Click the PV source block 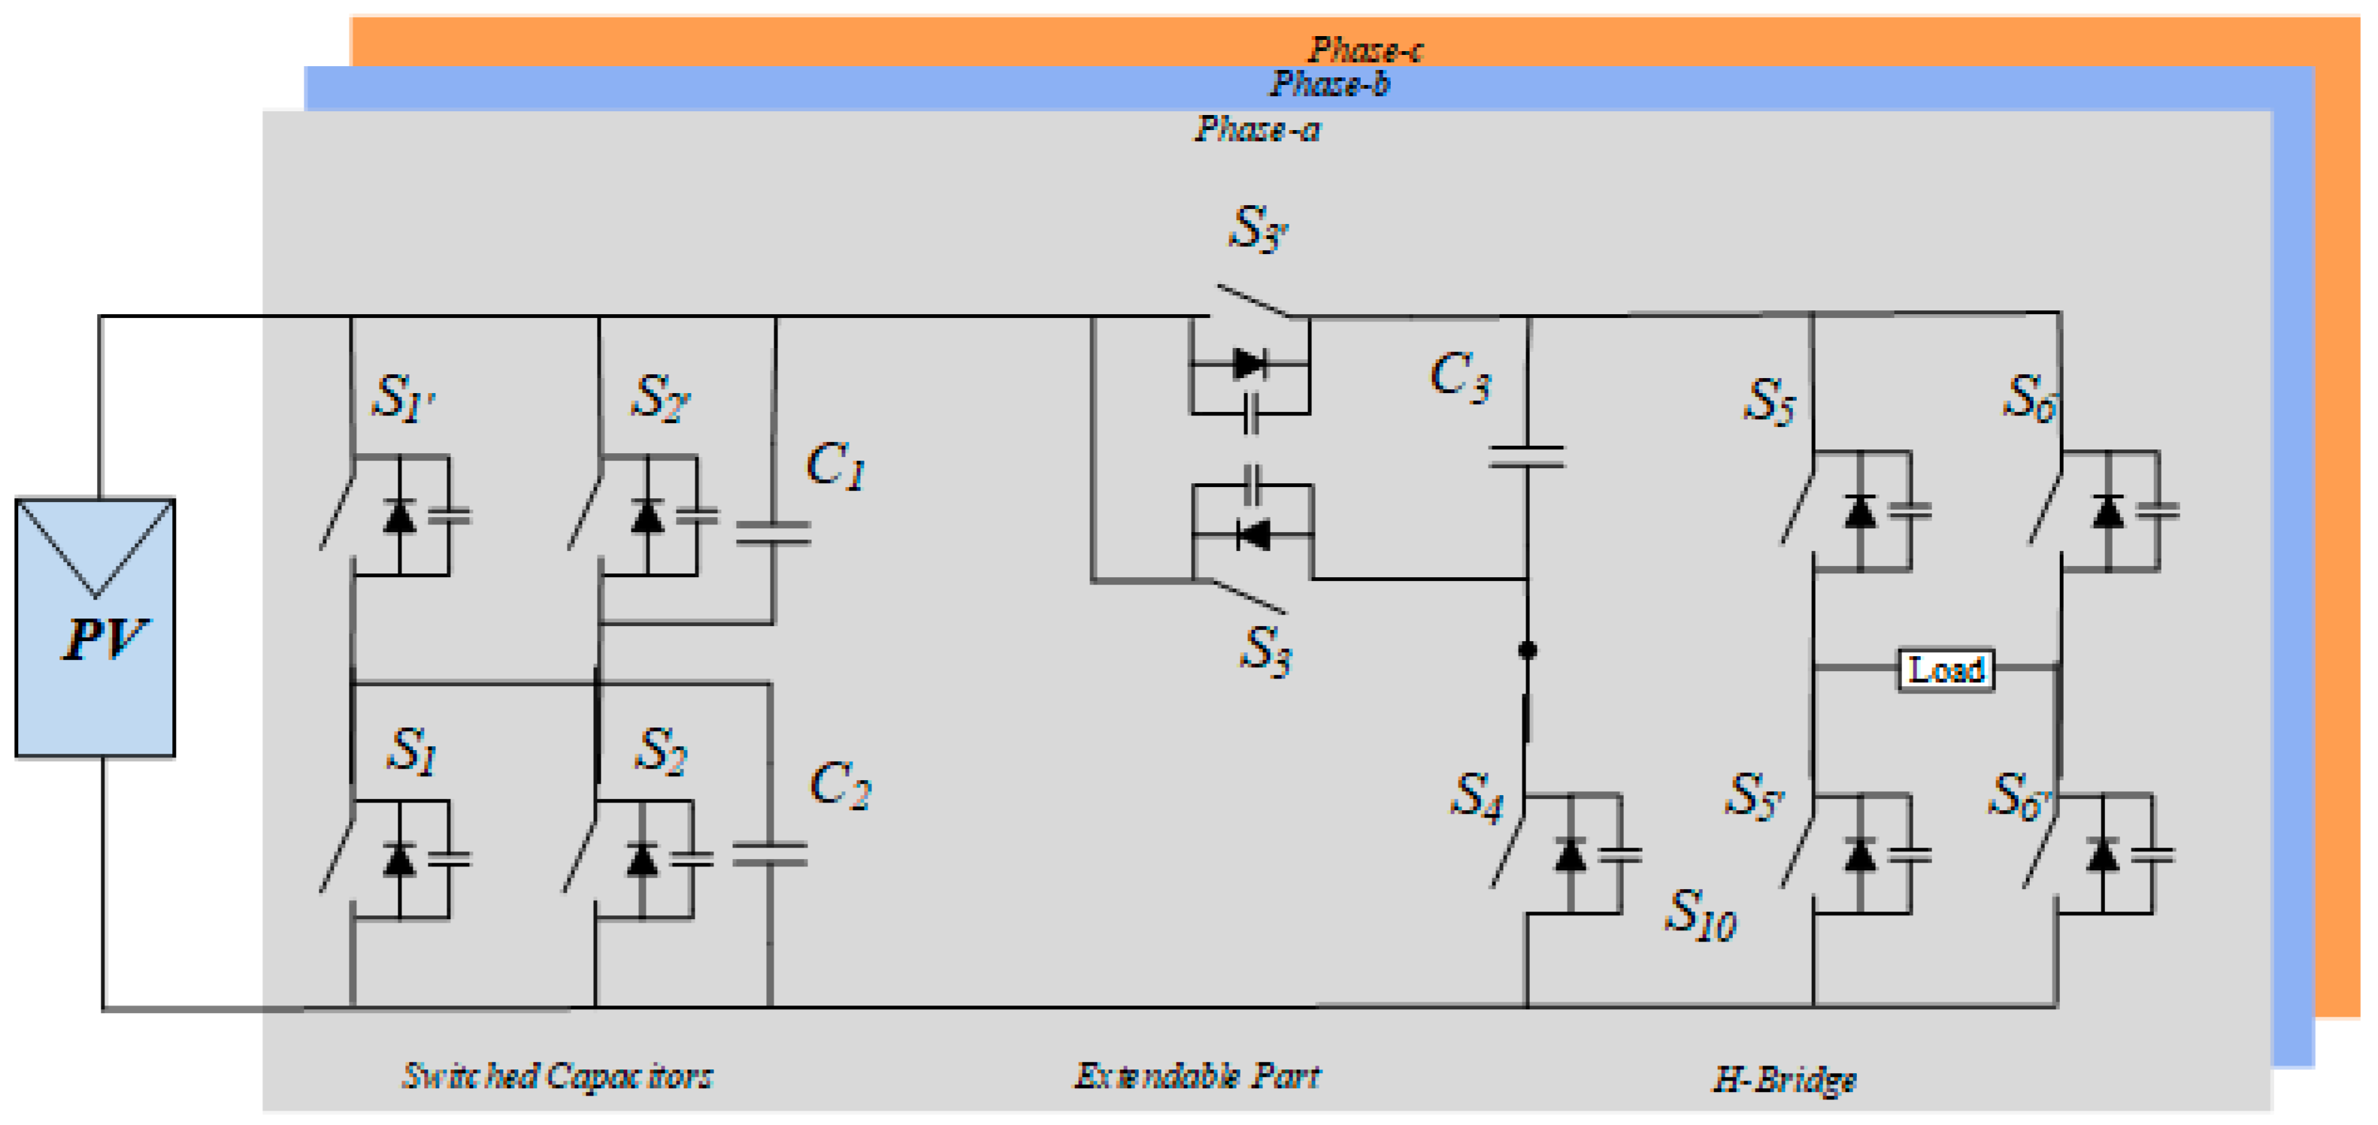click(x=95, y=628)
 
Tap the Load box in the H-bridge click(x=1945, y=669)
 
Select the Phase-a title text click(x=1257, y=129)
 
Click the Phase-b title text click(x=1329, y=84)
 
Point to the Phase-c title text click(x=1365, y=48)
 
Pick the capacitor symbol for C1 click(x=773, y=533)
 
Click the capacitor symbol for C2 click(x=769, y=854)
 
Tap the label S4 click(x=1475, y=796)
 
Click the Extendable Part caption click(x=1198, y=1076)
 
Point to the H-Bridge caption click(x=1783, y=1079)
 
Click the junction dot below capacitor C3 click(x=1527, y=651)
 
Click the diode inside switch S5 click(x=1859, y=513)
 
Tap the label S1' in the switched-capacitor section click(x=402, y=398)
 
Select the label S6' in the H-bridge click(x=2018, y=796)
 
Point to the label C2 click(x=839, y=785)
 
